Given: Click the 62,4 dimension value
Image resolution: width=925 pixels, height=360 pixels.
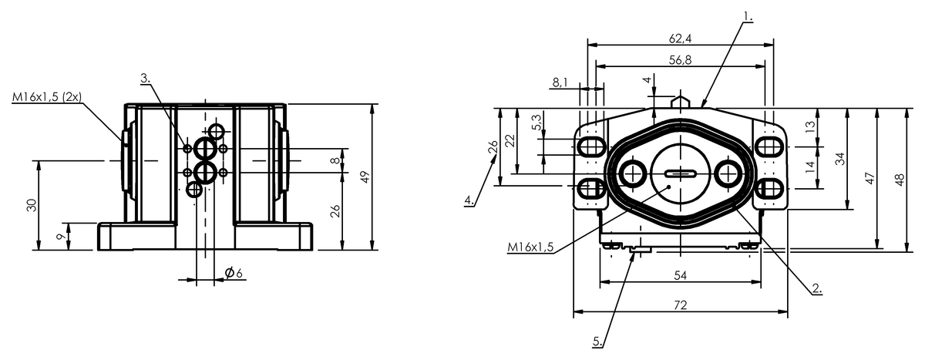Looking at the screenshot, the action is click(x=680, y=39).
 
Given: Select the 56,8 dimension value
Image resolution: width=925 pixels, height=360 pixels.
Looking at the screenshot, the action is click(x=680, y=60).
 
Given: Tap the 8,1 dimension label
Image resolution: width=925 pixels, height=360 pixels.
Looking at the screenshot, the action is click(x=560, y=82).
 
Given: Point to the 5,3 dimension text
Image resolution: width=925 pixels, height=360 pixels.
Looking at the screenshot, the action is click(x=536, y=123).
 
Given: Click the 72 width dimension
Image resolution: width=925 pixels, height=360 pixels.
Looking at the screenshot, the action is click(x=680, y=305).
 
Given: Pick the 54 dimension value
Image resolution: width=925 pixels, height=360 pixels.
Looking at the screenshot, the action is click(x=680, y=275).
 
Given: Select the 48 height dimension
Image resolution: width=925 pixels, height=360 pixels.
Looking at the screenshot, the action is click(x=900, y=179).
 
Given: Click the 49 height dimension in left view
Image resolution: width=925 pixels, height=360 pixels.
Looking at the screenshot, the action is click(x=365, y=177).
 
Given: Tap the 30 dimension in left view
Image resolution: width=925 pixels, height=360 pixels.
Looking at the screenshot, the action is click(x=32, y=205).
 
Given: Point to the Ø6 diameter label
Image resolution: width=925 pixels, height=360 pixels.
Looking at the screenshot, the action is click(x=234, y=272).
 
